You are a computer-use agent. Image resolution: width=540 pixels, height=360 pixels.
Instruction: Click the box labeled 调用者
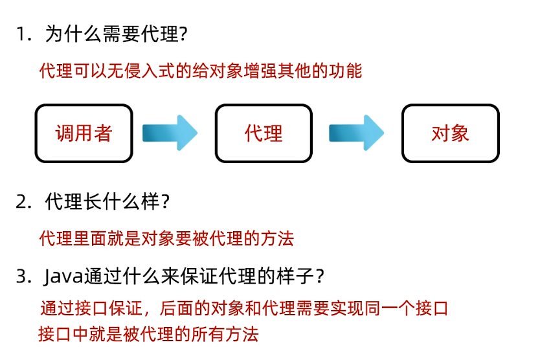tap(84, 133)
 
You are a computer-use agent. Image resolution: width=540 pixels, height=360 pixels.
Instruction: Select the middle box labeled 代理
tap(264, 133)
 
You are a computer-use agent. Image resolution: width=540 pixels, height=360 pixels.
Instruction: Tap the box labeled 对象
tap(450, 133)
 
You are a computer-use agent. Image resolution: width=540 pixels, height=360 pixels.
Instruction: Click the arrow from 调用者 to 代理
tap(169, 133)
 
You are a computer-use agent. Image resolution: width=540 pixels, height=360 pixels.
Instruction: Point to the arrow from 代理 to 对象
tap(355, 133)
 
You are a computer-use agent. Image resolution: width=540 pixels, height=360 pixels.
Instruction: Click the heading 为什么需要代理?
tap(117, 34)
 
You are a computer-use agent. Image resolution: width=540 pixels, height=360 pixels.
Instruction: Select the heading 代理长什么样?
tap(107, 202)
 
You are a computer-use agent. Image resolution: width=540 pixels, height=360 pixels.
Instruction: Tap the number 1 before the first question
tap(22, 34)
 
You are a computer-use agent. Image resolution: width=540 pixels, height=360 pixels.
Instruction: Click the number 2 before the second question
tap(23, 202)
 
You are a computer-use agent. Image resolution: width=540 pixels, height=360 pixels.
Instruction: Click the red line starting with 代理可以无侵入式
tap(201, 71)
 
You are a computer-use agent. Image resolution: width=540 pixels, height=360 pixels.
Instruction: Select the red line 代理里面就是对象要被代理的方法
tap(166, 238)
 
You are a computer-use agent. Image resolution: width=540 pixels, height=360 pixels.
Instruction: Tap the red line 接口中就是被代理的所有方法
tap(148, 334)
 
